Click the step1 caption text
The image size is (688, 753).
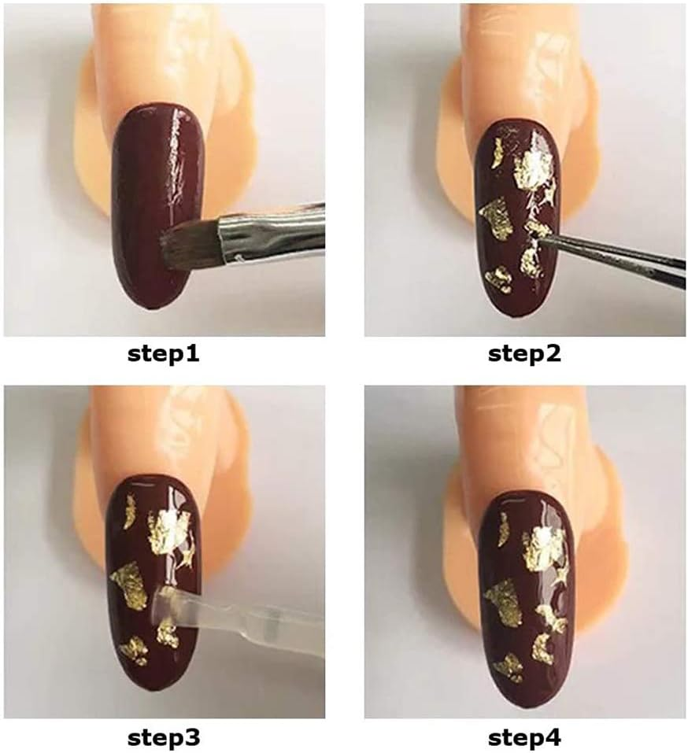point(164,354)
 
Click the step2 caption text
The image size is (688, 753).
point(524,354)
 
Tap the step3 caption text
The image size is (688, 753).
point(164,737)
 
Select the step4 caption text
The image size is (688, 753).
point(524,737)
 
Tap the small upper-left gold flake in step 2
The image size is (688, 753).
point(496,153)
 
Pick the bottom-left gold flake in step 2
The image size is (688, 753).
point(500,279)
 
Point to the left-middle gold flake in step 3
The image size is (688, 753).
point(130,585)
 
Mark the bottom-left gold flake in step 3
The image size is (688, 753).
point(135,651)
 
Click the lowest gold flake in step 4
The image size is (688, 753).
point(509,667)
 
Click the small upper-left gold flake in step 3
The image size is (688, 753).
point(129,511)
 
